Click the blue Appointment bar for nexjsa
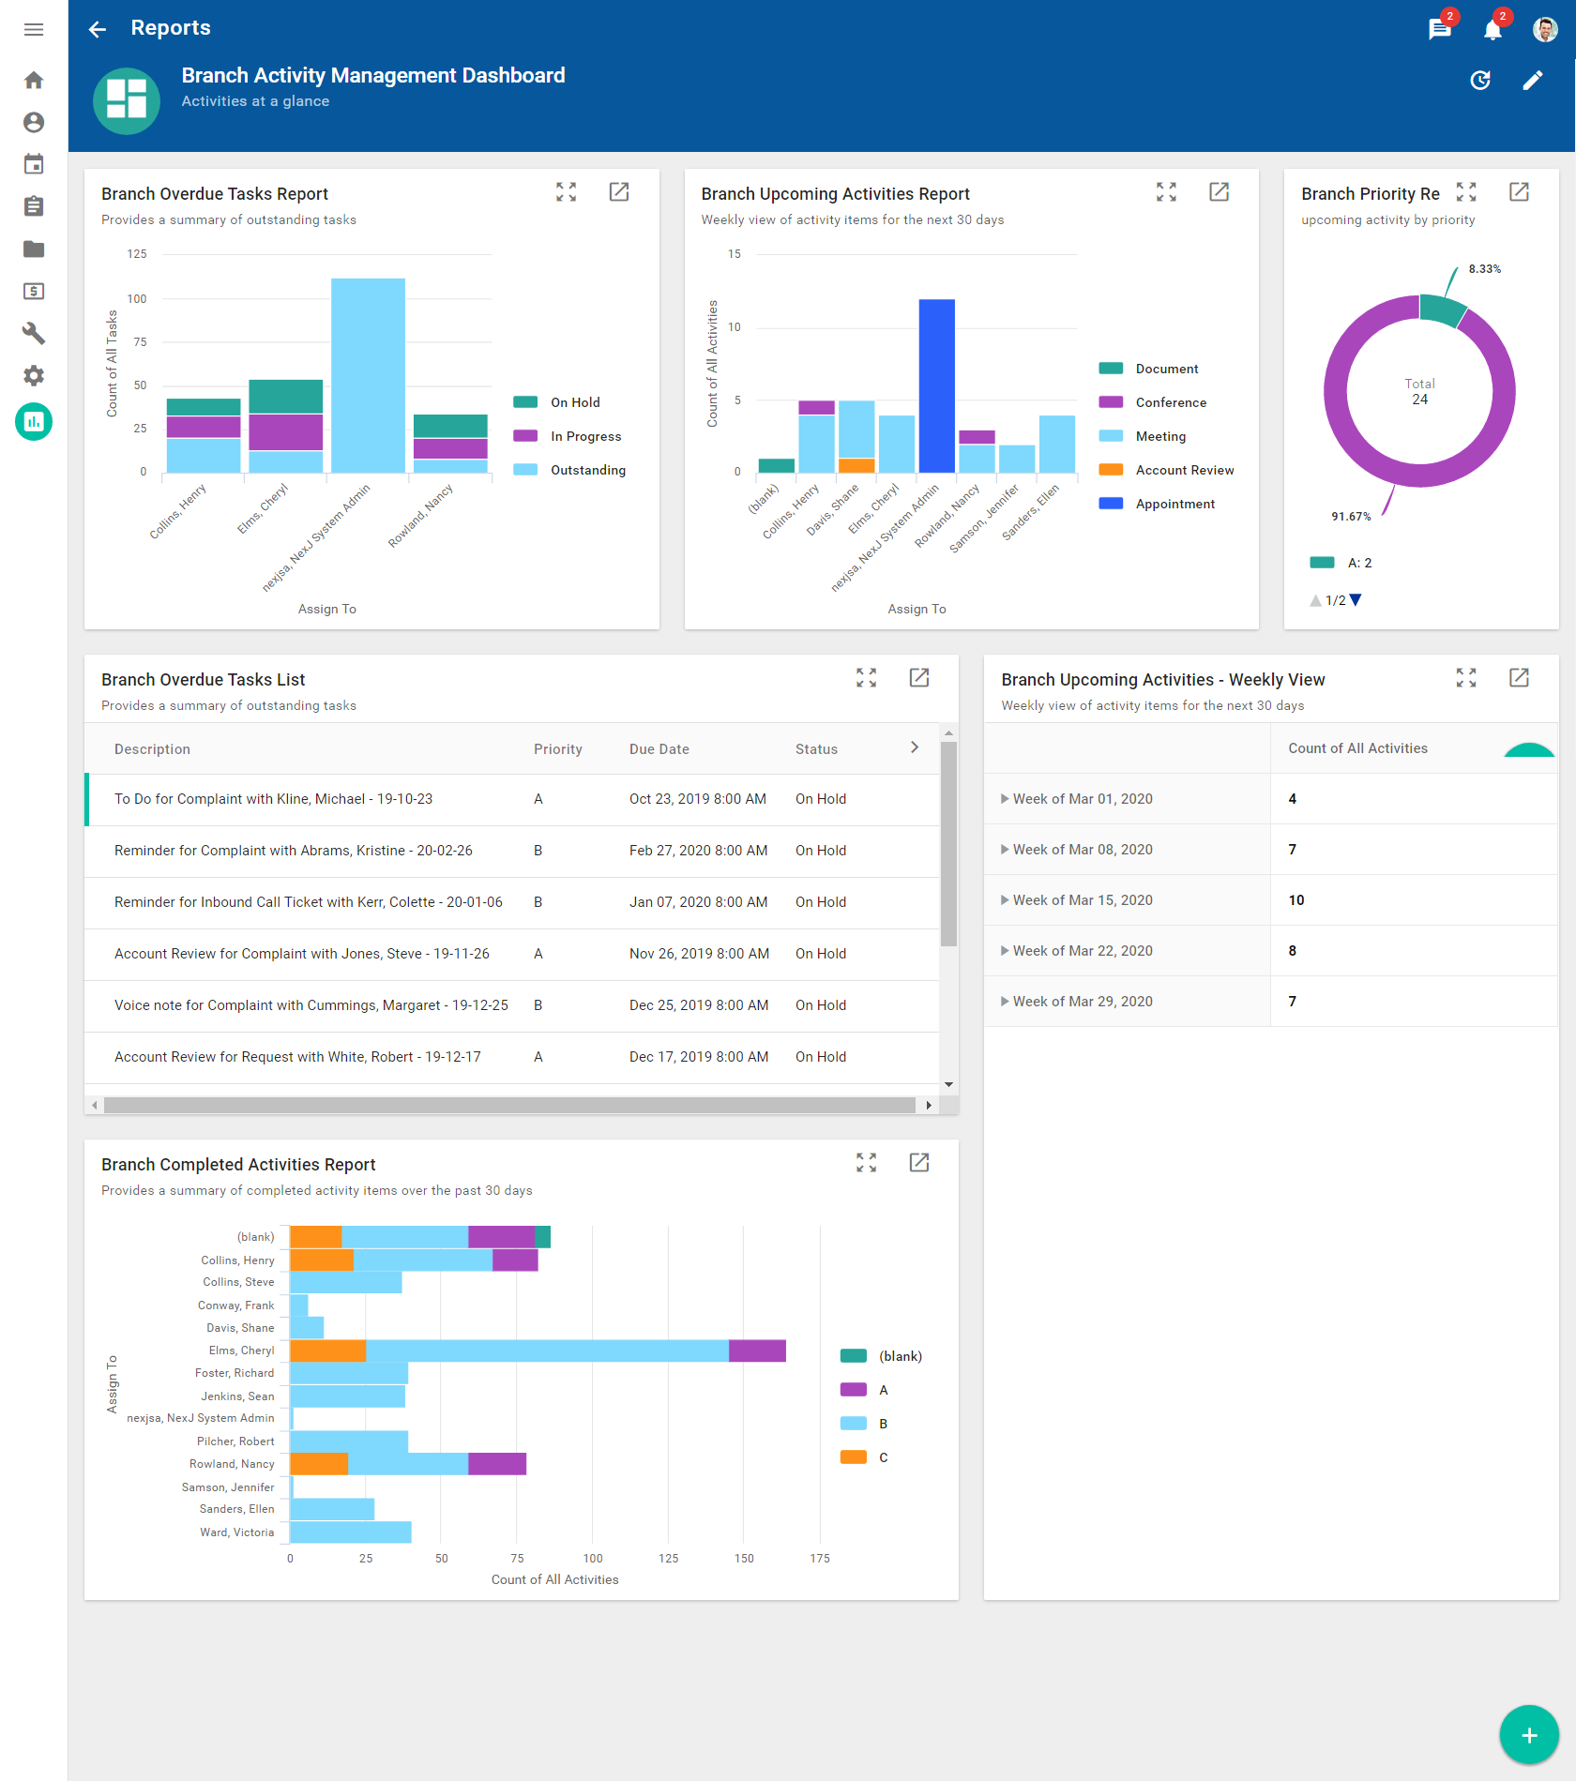pos(936,385)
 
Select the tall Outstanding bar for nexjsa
pos(368,375)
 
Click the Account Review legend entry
pos(1184,470)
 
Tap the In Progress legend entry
pos(585,436)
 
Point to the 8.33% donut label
pos(1484,269)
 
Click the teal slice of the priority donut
pos(1441,309)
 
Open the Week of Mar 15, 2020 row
pos(1082,900)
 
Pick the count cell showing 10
pos(1296,900)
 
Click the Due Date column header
pos(659,749)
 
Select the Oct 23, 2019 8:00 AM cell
pos(697,799)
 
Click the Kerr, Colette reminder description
pos(308,902)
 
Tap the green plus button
pos(1528,1734)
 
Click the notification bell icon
pos(1492,29)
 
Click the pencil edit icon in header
pos(1532,81)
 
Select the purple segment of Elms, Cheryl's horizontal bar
pos(757,1351)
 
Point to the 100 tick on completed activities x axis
pos(593,1558)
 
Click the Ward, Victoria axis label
pos(236,1532)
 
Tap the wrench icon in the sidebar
pos(34,333)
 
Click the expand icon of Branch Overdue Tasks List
pos(866,678)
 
